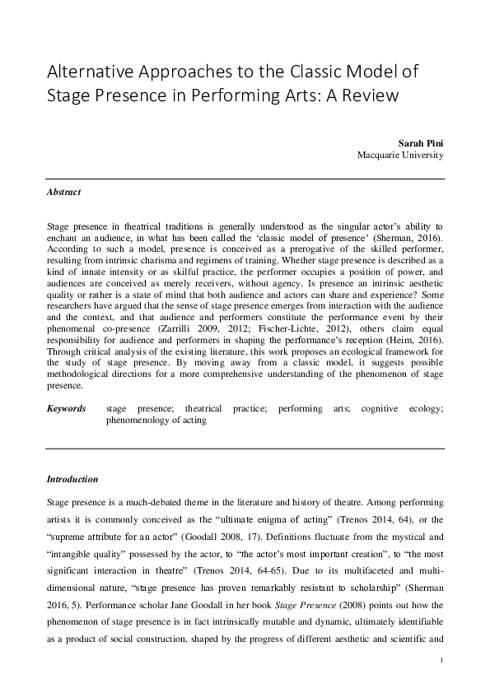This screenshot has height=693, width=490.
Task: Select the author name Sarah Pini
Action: click(x=423, y=142)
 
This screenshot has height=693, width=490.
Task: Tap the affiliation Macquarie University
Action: click(x=401, y=155)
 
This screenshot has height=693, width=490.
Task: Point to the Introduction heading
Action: click(x=72, y=479)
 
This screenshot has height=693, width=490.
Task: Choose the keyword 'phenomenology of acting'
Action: click(x=156, y=420)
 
